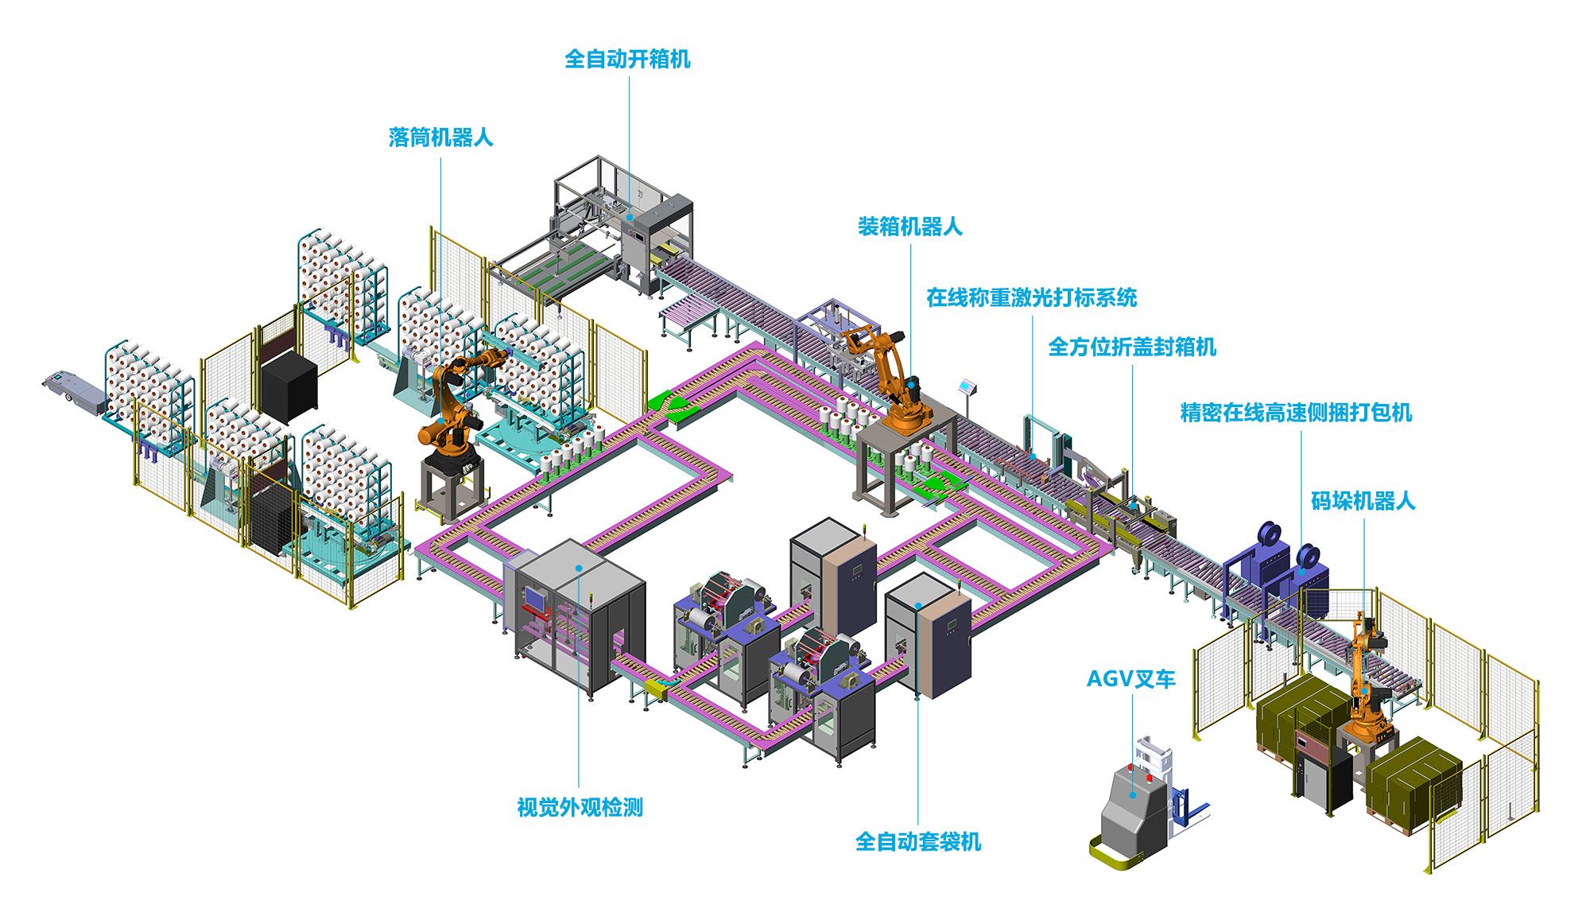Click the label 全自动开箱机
coord(627,60)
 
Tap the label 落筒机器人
coord(440,138)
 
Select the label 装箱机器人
coord(909,227)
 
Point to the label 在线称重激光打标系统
coord(1031,298)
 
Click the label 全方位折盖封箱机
coord(1132,347)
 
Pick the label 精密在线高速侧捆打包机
coord(1296,413)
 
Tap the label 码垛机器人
coord(1363,501)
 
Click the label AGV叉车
coord(1130,679)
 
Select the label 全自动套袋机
coord(917,841)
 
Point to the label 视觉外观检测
coord(580,808)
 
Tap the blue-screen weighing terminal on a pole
coord(967,387)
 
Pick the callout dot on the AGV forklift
coord(1133,794)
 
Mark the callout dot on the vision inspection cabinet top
coord(579,568)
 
